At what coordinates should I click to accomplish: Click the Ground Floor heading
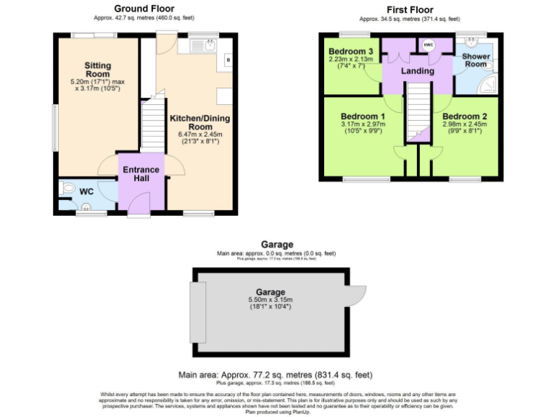pyautogui.click(x=144, y=8)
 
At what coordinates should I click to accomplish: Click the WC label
pyautogui.click(x=86, y=192)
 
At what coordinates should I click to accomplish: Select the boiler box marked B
pyautogui.click(x=228, y=59)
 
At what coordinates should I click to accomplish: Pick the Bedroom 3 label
pyautogui.click(x=350, y=51)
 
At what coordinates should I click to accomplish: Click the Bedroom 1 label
pyautogui.click(x=363, y=117)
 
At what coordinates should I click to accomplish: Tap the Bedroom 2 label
pyautogui.click(x=464, y=117)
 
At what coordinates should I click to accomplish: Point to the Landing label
pyautogui.click(x=417, y=71)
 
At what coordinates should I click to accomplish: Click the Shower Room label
pyautogui.click(x=476, y=60)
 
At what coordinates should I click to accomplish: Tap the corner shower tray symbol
pyautogui.click(x=490, y=83)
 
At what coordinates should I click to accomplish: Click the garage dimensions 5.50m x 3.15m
pyautogui.click(x=269, y=300)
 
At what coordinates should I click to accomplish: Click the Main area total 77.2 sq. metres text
pyautogui.click(x=275, y=375)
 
